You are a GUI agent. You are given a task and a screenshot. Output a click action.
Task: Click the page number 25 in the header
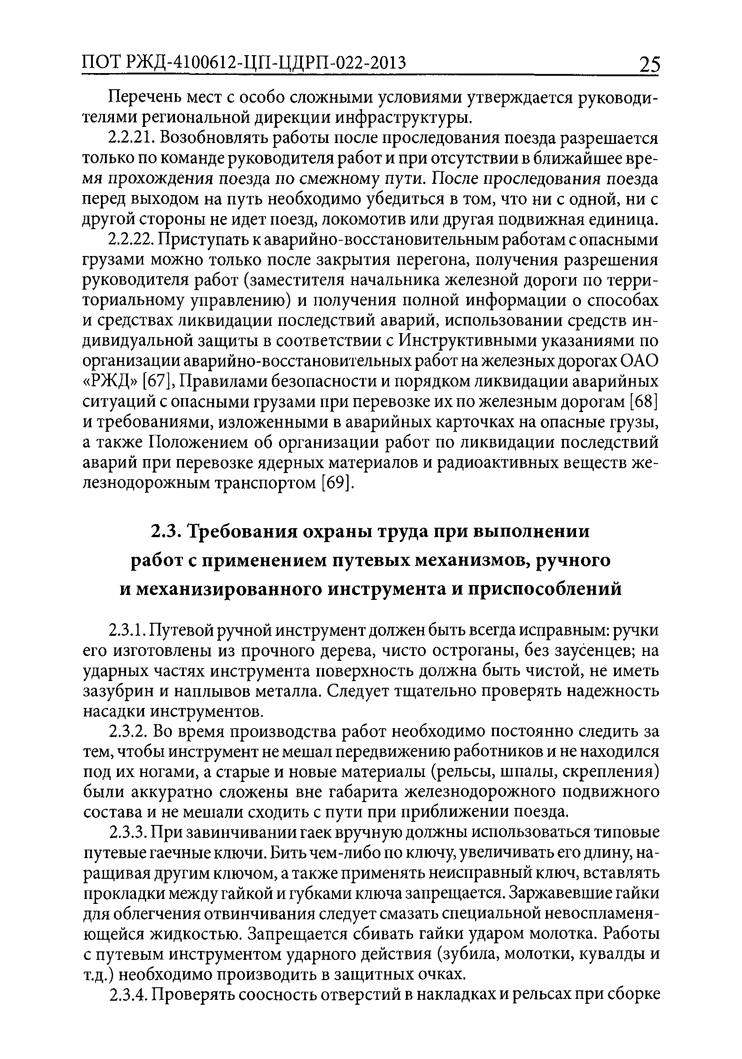point(649,65)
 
